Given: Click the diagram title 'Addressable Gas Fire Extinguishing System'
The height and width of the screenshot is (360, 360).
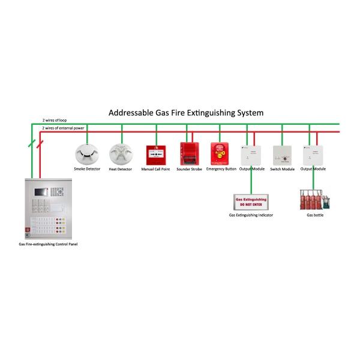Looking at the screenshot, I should [185, 112].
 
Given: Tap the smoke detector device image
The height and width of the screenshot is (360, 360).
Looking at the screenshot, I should [87, 154].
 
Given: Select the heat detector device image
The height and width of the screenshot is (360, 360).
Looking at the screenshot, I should [120, 154].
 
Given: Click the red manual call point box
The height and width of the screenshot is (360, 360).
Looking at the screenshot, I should [156, 155].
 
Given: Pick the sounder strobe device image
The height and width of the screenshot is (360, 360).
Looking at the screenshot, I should [187, 154].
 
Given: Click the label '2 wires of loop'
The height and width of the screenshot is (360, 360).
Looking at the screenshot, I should [55, 121].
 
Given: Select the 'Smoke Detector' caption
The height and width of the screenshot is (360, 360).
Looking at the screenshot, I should [87, 169].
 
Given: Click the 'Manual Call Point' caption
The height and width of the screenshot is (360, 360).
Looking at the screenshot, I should [156, 169].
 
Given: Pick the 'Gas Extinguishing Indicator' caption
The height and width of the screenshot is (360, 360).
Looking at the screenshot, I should [251, 214].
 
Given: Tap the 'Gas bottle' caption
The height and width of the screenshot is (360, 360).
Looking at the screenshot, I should [315, 214].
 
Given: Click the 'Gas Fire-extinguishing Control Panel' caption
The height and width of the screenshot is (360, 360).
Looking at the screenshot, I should [48, 244].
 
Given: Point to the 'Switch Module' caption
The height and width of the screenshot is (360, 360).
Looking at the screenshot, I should [282, 169].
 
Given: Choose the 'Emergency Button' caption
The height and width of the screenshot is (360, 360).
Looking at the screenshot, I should [221, 169].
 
